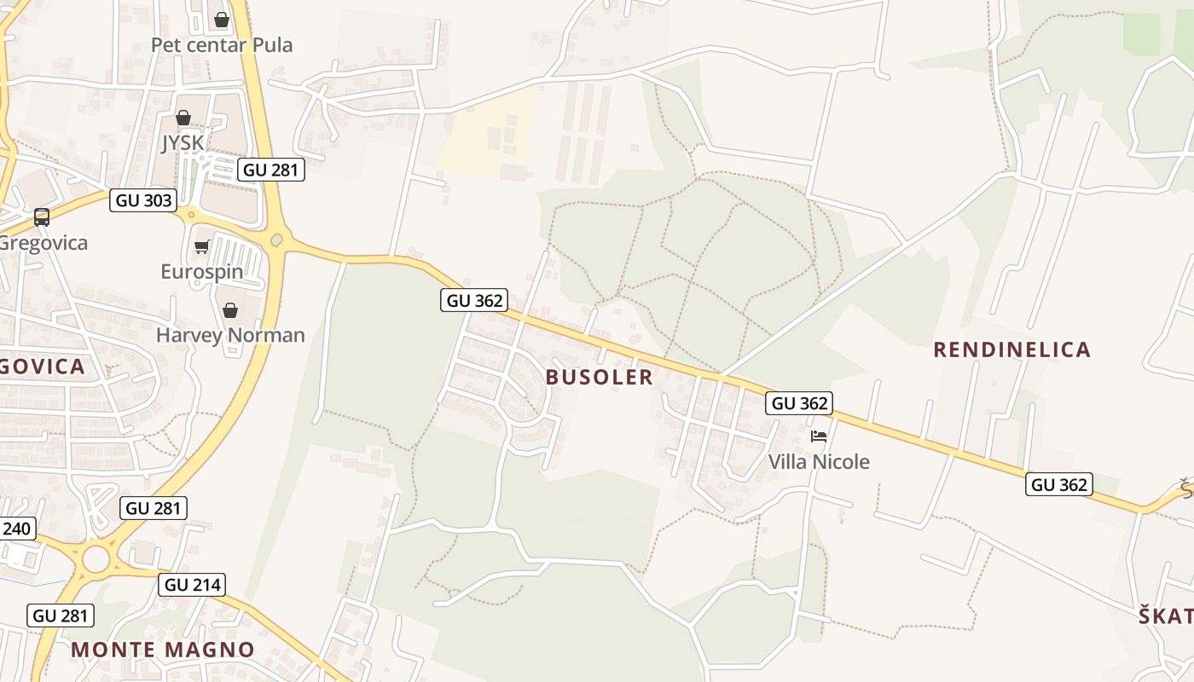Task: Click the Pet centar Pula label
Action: [x=222, y=44]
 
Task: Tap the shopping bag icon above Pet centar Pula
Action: [x=222, y=19]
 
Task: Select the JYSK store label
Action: [x=183, y=142]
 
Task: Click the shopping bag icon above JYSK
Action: [x=183, y=118]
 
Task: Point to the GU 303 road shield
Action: [x=144, y=201]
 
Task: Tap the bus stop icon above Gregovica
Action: [x=42, y=217]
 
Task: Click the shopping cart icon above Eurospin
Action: [x=202, y=247]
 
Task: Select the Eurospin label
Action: [x=202, y=272]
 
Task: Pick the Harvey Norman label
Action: [x=230, y=335]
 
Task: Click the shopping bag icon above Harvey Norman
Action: [x=230, y=309]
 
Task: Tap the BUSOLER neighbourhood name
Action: [x=600, y=377]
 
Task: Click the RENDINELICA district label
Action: [x=1011, y=350]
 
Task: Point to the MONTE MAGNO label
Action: [x=163, y=650]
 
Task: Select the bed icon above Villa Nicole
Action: [x=819, y=436]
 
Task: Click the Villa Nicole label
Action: [x=819, y=462]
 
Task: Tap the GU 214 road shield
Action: [x=193, y=585]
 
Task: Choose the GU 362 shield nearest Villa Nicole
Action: [x=799, y=403]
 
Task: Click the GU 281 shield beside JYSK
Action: [x=271, y=170]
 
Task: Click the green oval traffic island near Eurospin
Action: [x=276, y=240]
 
